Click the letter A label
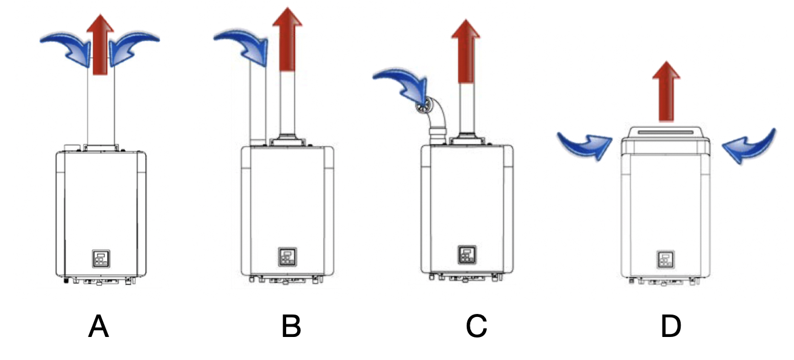point(98,327)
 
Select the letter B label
point(291,327)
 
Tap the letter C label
point(476,327)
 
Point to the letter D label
point(670,327)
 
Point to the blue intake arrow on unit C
point(402,85)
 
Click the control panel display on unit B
point(287,257)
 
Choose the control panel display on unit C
point(466,254)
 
